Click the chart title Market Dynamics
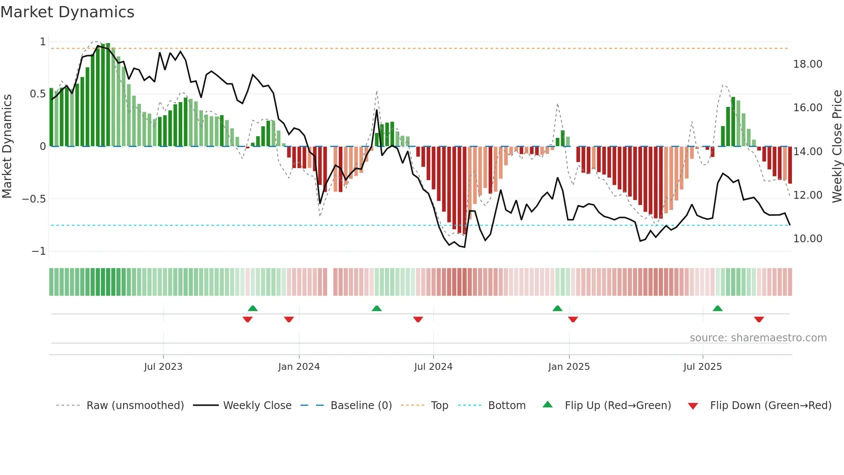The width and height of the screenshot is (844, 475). coord(68,12)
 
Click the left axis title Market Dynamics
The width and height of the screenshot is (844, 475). coord(7,146)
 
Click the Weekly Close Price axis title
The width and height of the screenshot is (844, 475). coord(837,146)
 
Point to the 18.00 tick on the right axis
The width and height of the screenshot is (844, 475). coord(807,64)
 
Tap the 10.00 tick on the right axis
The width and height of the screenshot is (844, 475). coord(807,239)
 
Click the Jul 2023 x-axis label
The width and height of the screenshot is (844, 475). coord(163,367)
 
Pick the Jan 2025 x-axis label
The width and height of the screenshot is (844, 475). coord(569,367)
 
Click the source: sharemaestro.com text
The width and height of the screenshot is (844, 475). coord(758,338)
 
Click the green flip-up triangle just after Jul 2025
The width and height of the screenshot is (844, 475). coord(717,309)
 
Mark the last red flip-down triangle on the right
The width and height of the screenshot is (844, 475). coord(759,319)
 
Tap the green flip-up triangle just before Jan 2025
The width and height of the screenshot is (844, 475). coord(557,309)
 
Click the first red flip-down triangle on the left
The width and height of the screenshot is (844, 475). coord(247,319)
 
